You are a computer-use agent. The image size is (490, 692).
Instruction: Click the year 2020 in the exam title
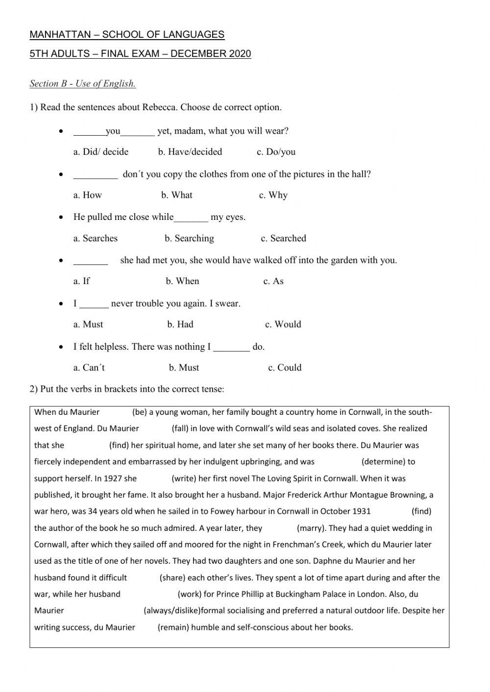pyautogui.click(x=240, y=54)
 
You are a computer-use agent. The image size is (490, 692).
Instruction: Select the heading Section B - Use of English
pyautogui.click(x=82, y=84)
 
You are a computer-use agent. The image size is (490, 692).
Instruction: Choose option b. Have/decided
pyautogui.click(x=190, y=152)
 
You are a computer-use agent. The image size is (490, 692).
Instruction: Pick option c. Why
pyautogui.click(x=273, y=195)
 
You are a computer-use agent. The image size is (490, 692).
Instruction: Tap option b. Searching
pyautogui.click(x=189, y=239)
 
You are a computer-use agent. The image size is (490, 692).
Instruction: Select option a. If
pyautogui.click(x=81, y=281)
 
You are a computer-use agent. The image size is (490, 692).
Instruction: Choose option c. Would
pyautogui.click(x=283, y=324)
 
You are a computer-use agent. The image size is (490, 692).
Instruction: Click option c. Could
pyautogui.click(x=284, y=368)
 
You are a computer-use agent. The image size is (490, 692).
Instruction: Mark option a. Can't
pyautogui.click(x=89, y=368)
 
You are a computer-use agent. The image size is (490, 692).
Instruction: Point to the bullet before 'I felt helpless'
pyautogui.click(x=60, y=347)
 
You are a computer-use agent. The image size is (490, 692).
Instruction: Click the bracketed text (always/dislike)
pyautogui.click(x=172, y=611)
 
